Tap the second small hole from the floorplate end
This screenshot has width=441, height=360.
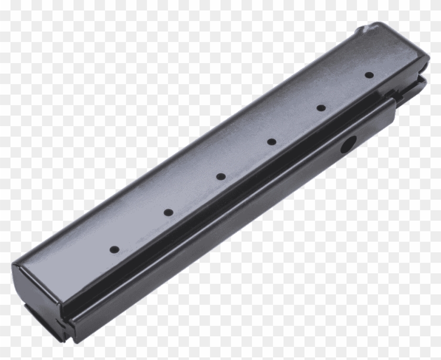click(169, 212)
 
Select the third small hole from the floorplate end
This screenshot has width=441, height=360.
click(220, 177)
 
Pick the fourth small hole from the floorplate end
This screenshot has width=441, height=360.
click(271, 141)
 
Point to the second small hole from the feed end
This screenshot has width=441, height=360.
click(321, 108)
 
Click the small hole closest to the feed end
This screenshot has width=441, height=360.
click(369, 75)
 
